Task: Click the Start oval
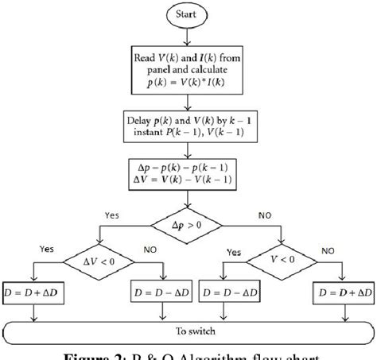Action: (188, 14)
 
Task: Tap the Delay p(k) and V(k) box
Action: (188, 130)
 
